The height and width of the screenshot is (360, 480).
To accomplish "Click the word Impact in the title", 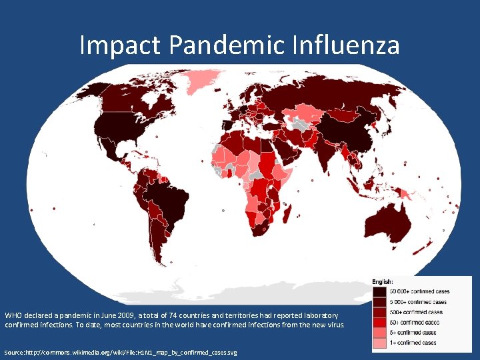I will [x=121, y=45].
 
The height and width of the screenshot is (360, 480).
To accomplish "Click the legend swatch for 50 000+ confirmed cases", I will [x=379, y=291].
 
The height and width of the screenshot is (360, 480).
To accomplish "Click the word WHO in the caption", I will [x=13, y=315].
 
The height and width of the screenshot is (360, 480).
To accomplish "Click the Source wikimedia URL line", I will [x=120, y=351].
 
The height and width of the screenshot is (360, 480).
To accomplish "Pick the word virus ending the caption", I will [x=335, y=325].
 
